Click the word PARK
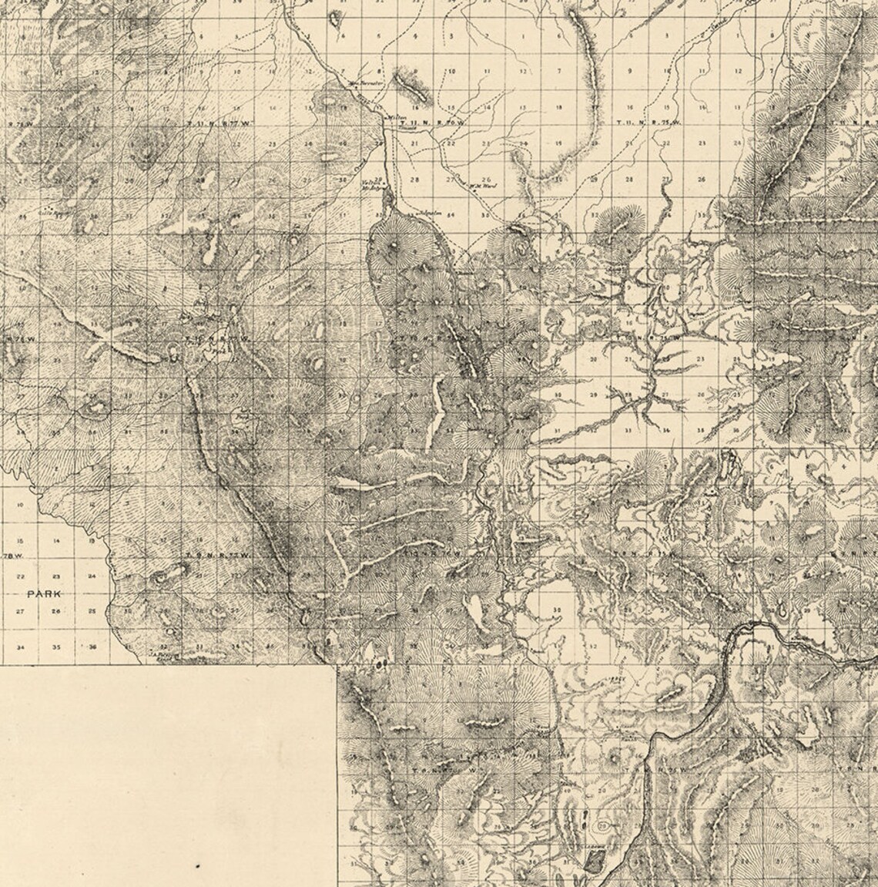[43, 593]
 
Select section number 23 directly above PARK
[56, 576]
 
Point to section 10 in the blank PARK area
[21, 505]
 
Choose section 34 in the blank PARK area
[21, 647]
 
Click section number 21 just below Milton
[414, 143]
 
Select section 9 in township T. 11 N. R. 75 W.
[629, 71]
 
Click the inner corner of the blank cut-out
[337, 664]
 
